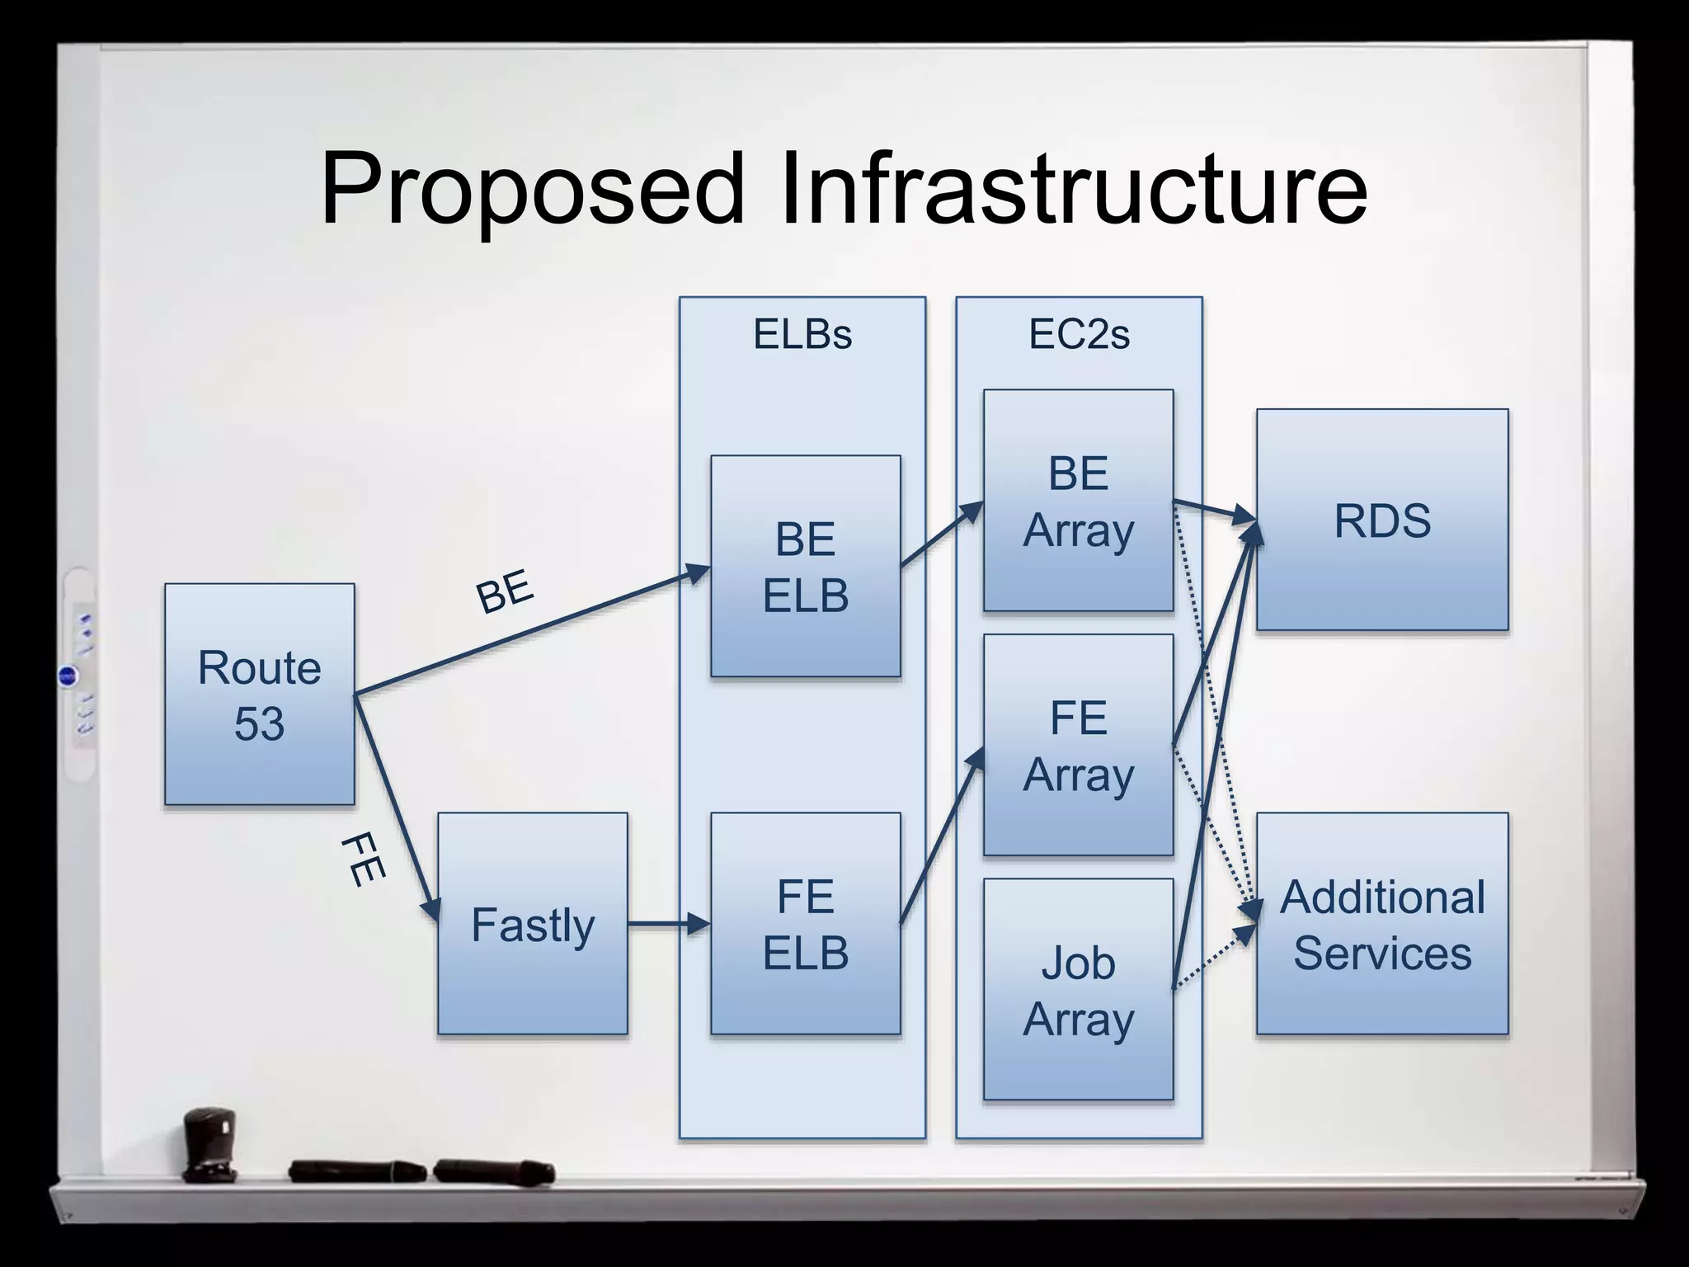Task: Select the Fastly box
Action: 532,923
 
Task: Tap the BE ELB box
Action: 805,566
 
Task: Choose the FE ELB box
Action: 805,923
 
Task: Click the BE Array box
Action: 1078,500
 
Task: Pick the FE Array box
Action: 1078,745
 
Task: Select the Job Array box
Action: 1078,989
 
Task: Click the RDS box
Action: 1382,520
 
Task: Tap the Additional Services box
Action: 1382,923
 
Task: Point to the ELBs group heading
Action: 802,335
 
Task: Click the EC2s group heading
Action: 1079,335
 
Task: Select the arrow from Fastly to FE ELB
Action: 668,924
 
